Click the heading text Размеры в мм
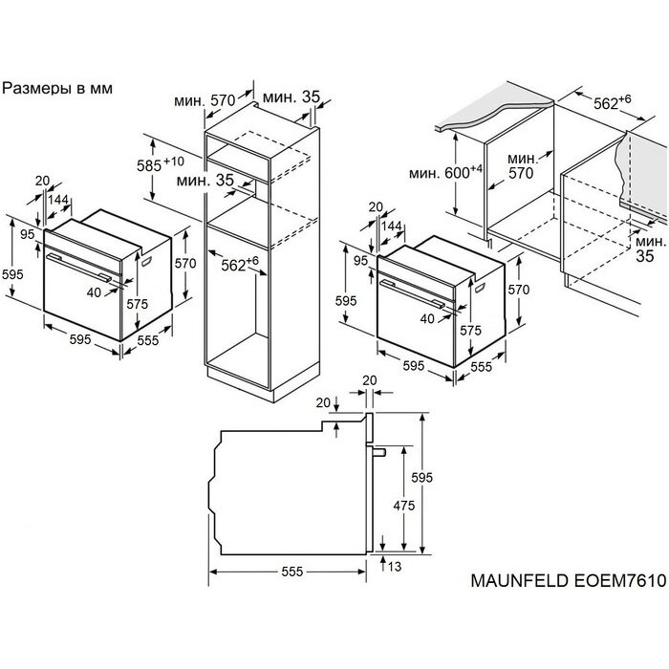(x=58, y=88)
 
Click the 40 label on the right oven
(x=427, y=318)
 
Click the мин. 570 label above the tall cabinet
(x=206, y=100)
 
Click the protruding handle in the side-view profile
(x=379, y=450)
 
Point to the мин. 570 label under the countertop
(x=521, y=165)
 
